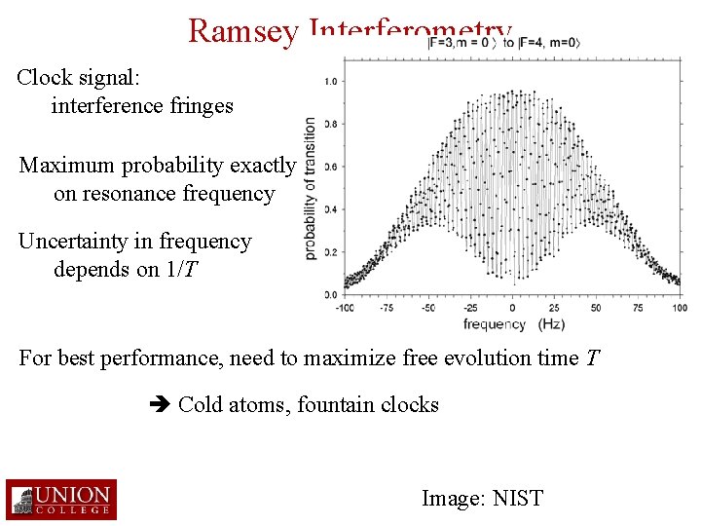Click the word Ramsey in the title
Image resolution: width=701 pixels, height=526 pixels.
click(x=243, y=31)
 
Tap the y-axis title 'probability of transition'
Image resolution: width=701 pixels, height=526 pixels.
click(x=310, y=188)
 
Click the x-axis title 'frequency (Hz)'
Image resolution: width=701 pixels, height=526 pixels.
click(x=513, y=324)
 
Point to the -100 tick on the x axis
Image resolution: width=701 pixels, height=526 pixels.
click(x=346, y=308)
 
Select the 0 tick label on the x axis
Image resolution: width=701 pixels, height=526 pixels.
click(x=513, y=308)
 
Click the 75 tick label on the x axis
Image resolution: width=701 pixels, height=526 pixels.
click(x=639, y=308)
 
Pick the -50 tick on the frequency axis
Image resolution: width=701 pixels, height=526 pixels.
click(x=429, y=308)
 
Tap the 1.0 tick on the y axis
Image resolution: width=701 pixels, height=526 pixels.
click(x=331, y=82)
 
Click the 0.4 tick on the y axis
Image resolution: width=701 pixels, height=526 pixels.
click(x=331, y=209)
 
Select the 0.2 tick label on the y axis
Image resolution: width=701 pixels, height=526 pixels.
click(x=331, y=252)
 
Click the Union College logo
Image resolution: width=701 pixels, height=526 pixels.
click(x=60, y=499)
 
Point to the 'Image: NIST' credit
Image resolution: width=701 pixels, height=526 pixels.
click(x=482, y=499)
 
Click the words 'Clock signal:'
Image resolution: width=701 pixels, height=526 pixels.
click(x=76, y=77)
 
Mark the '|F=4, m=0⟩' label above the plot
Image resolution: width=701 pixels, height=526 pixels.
click(x=549, y=43)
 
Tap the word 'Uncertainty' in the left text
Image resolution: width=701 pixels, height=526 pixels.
click(x=85, y=242)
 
